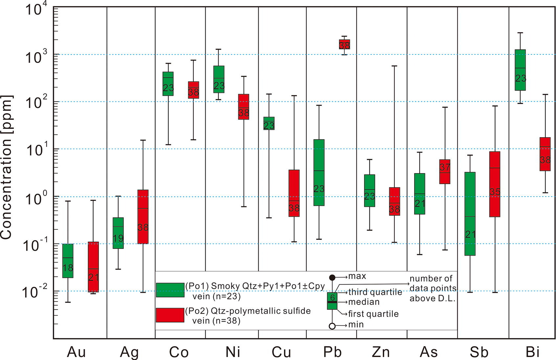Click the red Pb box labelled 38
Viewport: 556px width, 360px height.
click(x=345, y=44)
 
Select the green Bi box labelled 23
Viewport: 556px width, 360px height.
click(x=521, y=70)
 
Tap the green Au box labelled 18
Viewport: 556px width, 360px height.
click(x=68, y=261)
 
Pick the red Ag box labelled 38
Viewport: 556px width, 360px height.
click(x=143, y=217)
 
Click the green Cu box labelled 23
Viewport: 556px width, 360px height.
click(x=269, y=123)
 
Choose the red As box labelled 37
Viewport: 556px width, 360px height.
click(x=445, y=172)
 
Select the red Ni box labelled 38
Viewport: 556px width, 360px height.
click(x=243, y=107)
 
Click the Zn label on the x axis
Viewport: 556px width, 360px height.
click(x=381, y=352)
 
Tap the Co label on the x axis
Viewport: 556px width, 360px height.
click(x=179, y=352)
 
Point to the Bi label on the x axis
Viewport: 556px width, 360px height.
click(x=532, y=352)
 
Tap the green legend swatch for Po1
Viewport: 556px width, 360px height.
click(x=170, y=290)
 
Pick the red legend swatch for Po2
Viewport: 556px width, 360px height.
click(x=170, y=315)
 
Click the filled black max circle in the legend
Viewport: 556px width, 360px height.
click(x=332, y=278)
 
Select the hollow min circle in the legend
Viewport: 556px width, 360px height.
click(x=332, y=326)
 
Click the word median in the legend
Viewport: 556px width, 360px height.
click(x=364, y=302)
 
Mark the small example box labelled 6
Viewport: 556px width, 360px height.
click(x=332, y=301)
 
